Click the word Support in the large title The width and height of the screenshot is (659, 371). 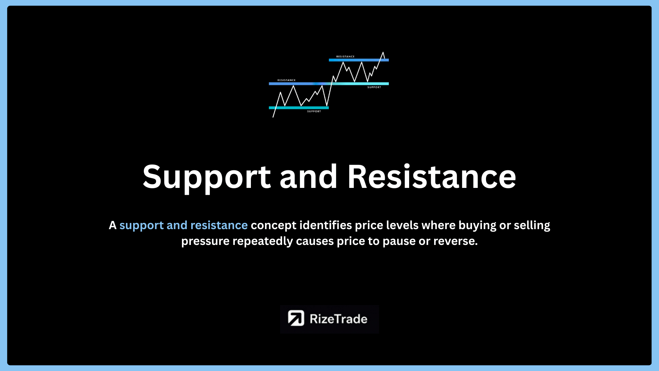click(207, 177)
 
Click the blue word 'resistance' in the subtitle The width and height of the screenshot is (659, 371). click(219, 225)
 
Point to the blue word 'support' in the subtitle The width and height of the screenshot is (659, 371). click(141, 226)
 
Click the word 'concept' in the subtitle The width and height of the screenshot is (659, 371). click(274, 226)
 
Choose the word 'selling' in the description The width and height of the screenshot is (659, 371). click(532, 226)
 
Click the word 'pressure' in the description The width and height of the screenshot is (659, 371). click(205, 241)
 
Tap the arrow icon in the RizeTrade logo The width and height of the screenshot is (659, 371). click(296, 318)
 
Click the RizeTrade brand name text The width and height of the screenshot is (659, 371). click(338, 319)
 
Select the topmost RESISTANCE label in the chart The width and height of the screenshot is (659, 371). click(345, 57)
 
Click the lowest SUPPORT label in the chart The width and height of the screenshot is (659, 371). click(314, 111)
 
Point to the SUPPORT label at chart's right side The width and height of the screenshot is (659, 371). click(374, 87)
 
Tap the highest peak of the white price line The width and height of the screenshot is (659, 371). click(383, 53)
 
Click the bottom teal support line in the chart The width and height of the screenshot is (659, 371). click(299, 108)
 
